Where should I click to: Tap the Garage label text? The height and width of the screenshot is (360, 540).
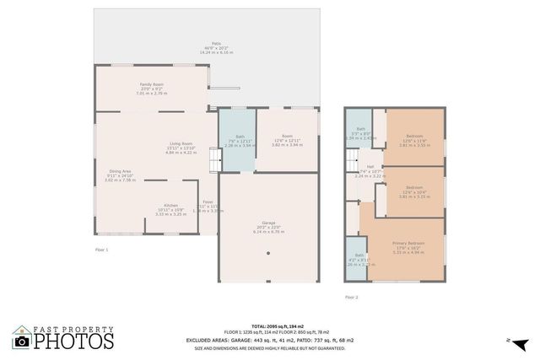[x=267, y=225]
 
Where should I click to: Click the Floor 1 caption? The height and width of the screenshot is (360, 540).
[x=101, y=250]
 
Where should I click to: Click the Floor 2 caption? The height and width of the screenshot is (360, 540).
[x=351, y=297]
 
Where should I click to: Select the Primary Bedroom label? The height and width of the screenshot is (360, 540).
[x=408, y=244]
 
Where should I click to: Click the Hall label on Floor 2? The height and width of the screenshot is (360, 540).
[x=370, y=168]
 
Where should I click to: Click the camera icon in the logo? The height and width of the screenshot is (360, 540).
[x=21, y=340]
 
